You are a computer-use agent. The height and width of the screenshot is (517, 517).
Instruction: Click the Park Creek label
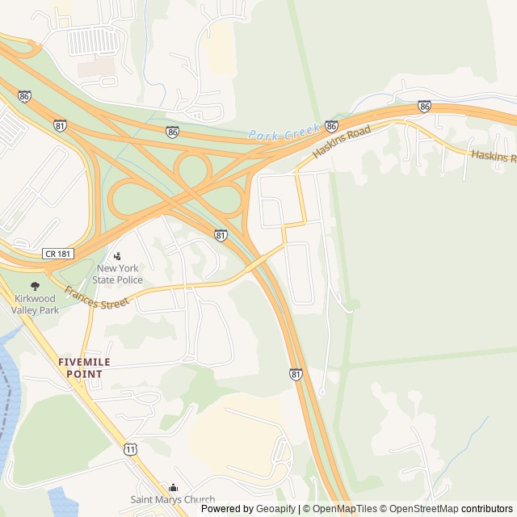(x=284, y=133)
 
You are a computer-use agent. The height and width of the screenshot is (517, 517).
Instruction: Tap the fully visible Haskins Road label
(x=342, y=141)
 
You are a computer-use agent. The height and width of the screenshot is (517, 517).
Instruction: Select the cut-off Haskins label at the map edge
(x=493, y=156)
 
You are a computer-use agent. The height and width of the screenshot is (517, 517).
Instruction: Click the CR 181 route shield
(x=58, y=254)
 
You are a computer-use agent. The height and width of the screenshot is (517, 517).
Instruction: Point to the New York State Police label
(x=118, y=275)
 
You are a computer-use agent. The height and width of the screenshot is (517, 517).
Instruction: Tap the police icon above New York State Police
(x=117, y=256)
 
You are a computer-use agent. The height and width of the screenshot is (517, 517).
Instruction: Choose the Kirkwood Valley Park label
(x=36, y=304)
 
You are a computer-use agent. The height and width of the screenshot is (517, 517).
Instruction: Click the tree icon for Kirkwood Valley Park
(x=35, y=286)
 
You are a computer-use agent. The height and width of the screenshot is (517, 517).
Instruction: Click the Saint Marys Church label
(x=173, y=500)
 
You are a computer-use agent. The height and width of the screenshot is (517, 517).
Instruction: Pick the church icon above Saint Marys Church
(x=173, y=487)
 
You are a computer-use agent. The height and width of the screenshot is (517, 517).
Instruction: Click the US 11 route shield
(x=130, y=448)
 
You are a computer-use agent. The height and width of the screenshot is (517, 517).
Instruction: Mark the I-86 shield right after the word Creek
(x=331, y=127)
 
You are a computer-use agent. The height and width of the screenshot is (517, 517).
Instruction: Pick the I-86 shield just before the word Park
(x=173, y=132)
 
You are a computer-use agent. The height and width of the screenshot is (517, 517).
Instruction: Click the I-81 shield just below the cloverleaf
(x=221, y=235)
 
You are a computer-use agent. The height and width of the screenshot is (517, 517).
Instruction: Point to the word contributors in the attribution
(x=487, y=509)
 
